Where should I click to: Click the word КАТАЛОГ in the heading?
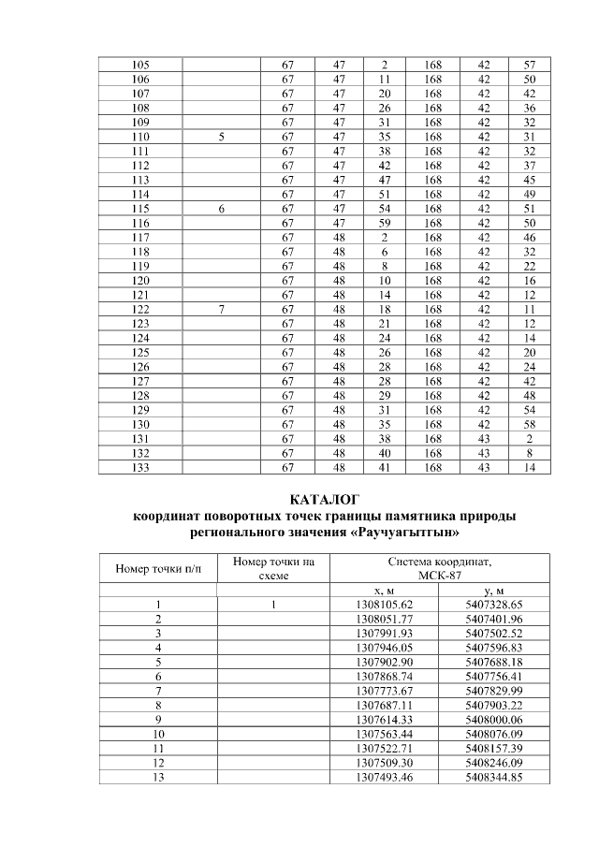(x=326, y=499)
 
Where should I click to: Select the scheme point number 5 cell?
(x=221, y=137)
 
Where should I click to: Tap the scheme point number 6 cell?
(x=221, y=209)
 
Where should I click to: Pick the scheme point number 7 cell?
(x=221, y=308)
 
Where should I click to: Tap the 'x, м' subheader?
(x=386, y=591)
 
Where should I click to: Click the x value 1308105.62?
(x=386, y=605)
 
